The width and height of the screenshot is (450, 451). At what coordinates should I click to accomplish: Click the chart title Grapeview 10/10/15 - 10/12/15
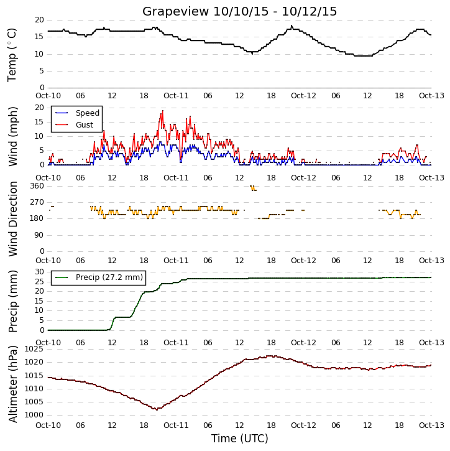[239, 11]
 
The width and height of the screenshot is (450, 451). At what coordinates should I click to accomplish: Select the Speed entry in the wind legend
[77, 113]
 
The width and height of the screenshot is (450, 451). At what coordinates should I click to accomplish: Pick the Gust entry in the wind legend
[74, 125]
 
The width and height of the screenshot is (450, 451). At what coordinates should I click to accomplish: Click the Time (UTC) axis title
[240, 439]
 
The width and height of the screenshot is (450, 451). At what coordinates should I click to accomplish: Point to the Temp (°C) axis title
[12, 55]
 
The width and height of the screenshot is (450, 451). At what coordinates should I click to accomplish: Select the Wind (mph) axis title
[13, 137]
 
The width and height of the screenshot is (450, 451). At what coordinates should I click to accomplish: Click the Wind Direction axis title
[13, 219]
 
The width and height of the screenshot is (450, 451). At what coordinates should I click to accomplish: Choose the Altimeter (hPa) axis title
[13, 384]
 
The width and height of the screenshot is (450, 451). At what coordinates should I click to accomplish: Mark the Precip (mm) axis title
[13, 302]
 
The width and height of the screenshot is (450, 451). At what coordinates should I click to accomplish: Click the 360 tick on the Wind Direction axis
[37, 186]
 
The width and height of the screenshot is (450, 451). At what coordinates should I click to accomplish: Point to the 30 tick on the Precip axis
[39, 272]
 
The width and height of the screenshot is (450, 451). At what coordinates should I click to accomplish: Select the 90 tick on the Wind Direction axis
[39, 235]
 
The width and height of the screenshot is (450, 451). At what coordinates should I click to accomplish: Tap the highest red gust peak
[163, 111]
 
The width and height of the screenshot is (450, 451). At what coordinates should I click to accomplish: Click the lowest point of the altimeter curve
[157, 409]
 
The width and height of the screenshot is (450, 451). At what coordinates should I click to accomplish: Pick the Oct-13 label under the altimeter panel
[431, 425]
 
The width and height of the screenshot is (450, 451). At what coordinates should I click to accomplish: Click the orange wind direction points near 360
[253, 188]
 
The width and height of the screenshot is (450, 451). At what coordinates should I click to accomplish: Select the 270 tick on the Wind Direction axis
[37, 202]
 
